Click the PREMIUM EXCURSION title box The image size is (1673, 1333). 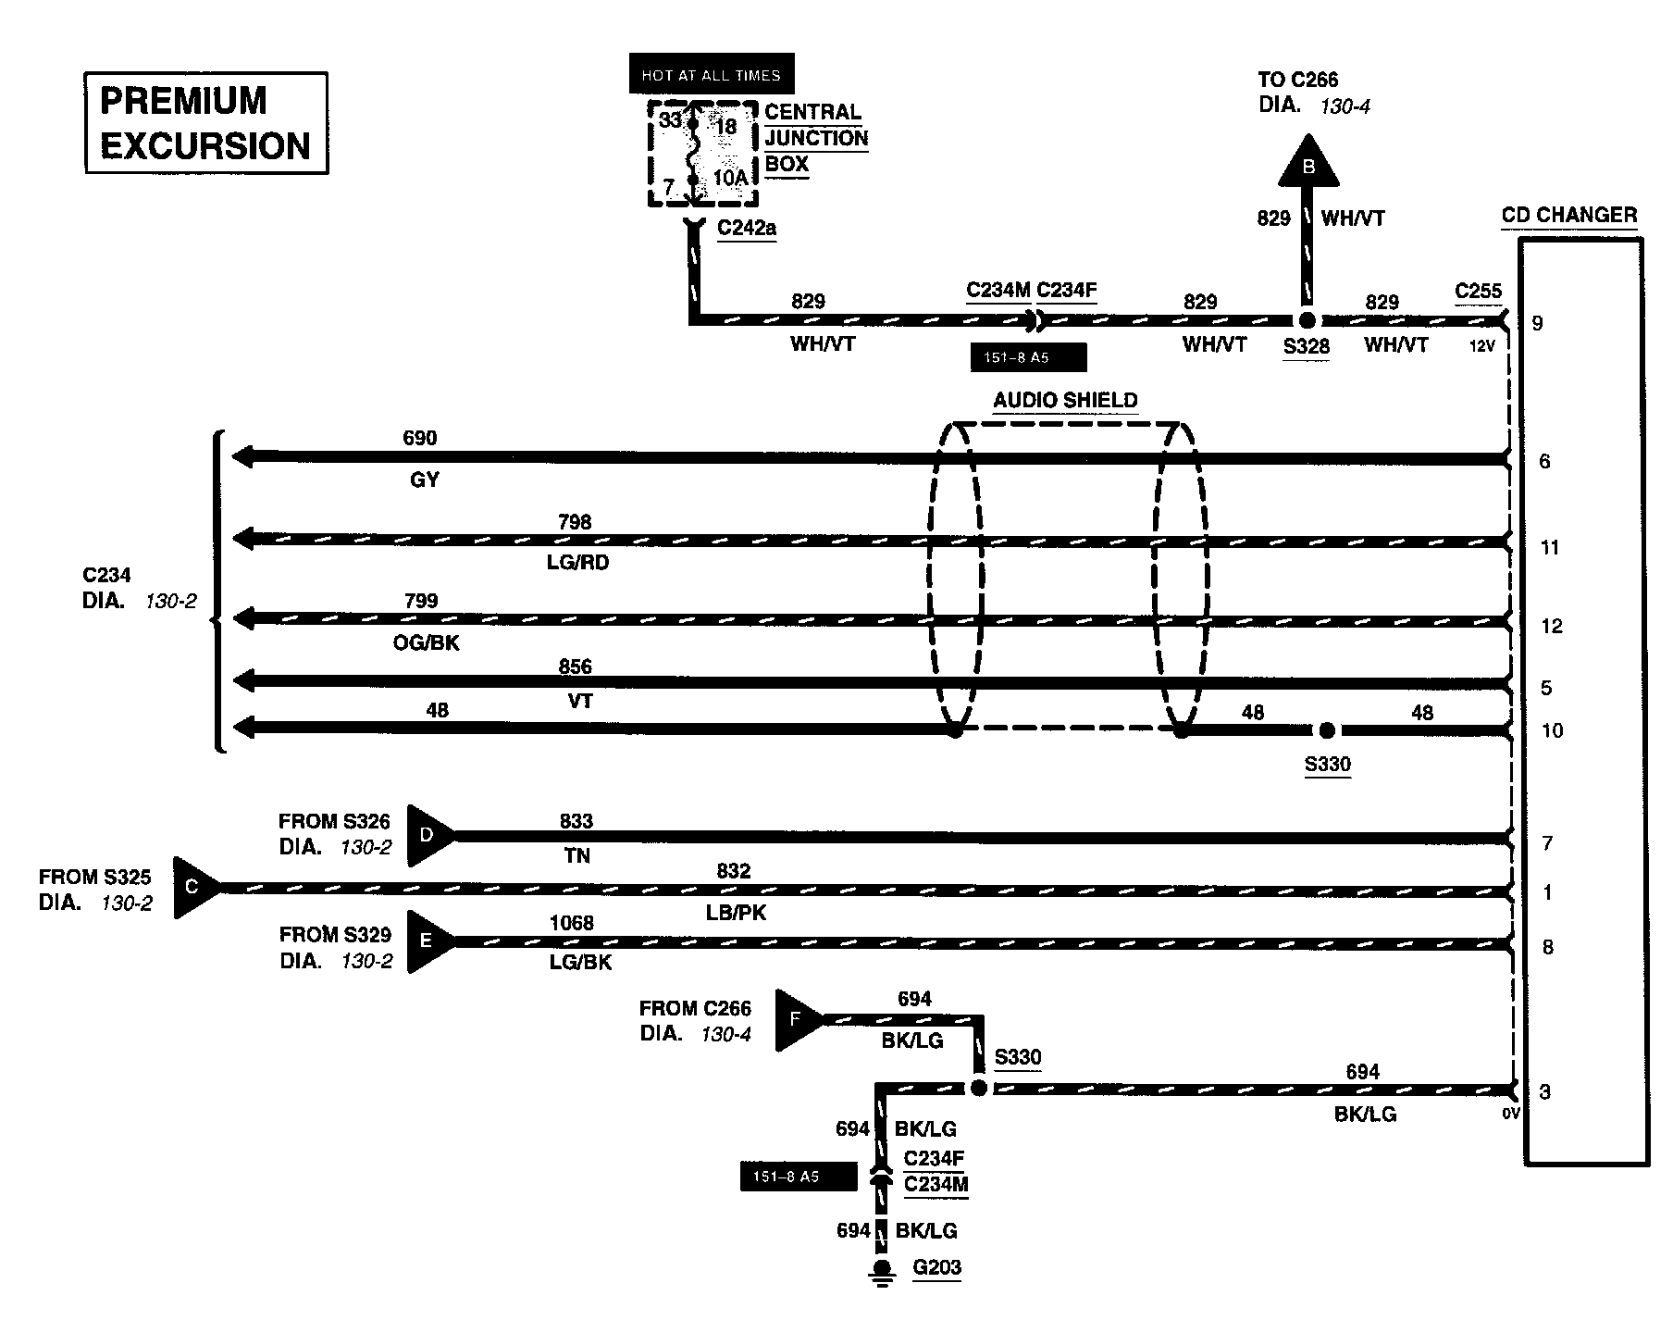click(x=206, y=123)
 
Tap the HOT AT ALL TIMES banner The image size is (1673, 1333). click(x=711, y=75)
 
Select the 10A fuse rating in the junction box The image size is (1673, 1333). click(x=730, y=178)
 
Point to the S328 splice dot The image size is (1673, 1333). click(x=1307, y=321)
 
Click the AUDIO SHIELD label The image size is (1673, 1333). click(x=1065, y=401)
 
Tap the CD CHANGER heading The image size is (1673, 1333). click(x=1569, y=216)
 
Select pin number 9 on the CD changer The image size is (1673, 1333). click(x=1538, y=323)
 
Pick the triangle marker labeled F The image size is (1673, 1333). click(x=796, y=1020)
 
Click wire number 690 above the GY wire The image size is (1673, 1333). click(x=420, y=438)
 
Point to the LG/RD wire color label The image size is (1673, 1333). click(x=578, y=563)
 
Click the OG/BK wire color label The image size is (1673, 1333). click(x=427, y=642)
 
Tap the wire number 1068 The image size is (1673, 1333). click(x=571, y=922)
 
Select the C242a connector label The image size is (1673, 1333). click(x=747, y=228)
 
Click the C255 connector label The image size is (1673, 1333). click(x=1478, y=291)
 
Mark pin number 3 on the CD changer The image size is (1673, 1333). click(x=1544, y=1092)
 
